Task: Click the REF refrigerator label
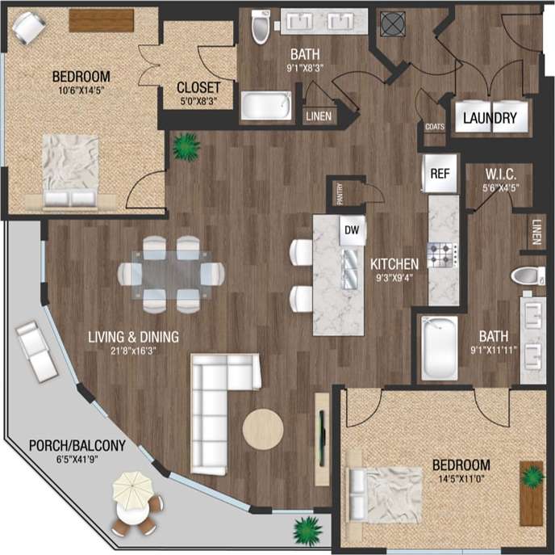click(x=440, y=173)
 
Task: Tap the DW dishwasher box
click(x=352, y=231)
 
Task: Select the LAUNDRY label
click(x=490, y=118)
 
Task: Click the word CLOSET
click(x=199, y=87)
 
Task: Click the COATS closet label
click(x=434, y=126)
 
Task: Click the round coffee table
click(x=263, y=427)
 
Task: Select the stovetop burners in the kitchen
click(x=444, y=255)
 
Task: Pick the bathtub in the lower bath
click(x=440, y=348)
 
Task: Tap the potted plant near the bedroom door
click(x=186, y=146)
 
